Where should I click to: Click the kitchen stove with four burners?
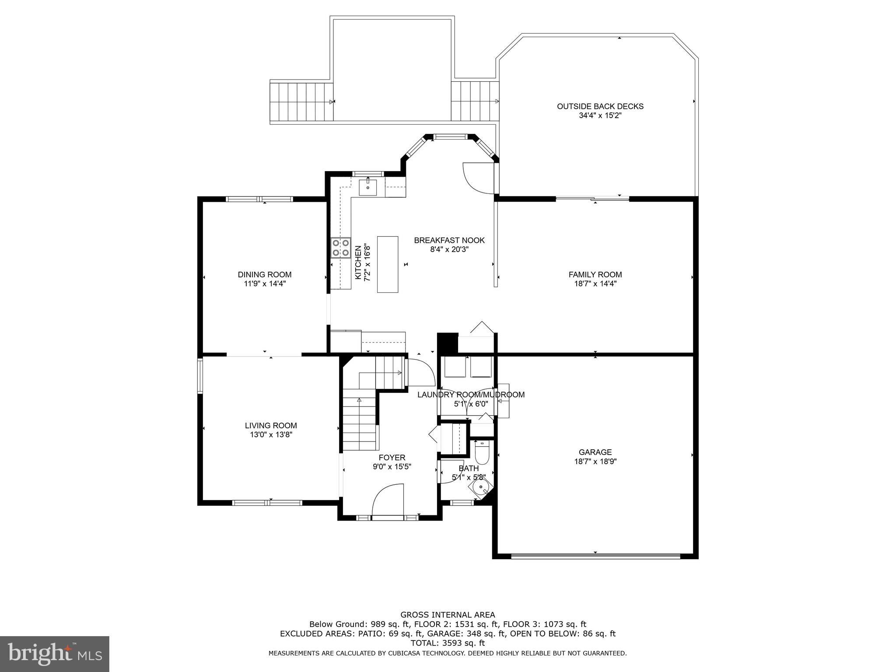click(x=341, y=247)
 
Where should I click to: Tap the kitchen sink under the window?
click(x=368, y=187)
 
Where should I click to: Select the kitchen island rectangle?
click(x=388, y=264)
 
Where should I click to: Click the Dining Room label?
click(x=264, y=275)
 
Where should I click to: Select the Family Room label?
click(x=595, y=275)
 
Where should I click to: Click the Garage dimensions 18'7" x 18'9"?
click(x=595, y=461)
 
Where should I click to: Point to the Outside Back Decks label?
click(x=600, y=106)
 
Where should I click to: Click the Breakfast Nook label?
click(x=449, y=240)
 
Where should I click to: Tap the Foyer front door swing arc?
click(x=387, y=499)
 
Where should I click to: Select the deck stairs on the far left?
click(x=301, y=102)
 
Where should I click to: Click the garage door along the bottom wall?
click(x=595, y=556)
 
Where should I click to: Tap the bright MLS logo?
click(x=55, y=654)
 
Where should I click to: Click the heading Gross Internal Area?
click(x=448, y=615)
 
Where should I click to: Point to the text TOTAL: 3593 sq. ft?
click(x=448, y=643)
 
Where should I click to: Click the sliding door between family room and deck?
click(x=592, y=199)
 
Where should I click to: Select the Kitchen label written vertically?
click(x=358, y=262)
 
